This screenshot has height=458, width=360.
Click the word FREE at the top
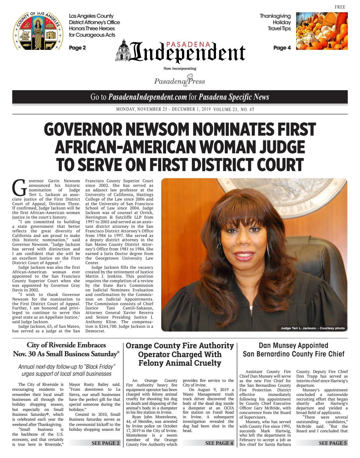pyautogui.click(x=340, y=7)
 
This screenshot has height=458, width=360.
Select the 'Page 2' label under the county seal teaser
pyautogui.click(x=77, y=48)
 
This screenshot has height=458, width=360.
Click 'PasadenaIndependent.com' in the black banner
pyautogui.click(x=147, y=97)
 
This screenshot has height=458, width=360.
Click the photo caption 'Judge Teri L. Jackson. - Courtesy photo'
pyautogui.click(x=312, y=328)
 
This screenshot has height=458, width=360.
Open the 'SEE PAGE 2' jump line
pyautogui.click(x=106, y=443)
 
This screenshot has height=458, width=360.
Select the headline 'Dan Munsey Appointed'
pyautogui.click(x=293, y=345)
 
